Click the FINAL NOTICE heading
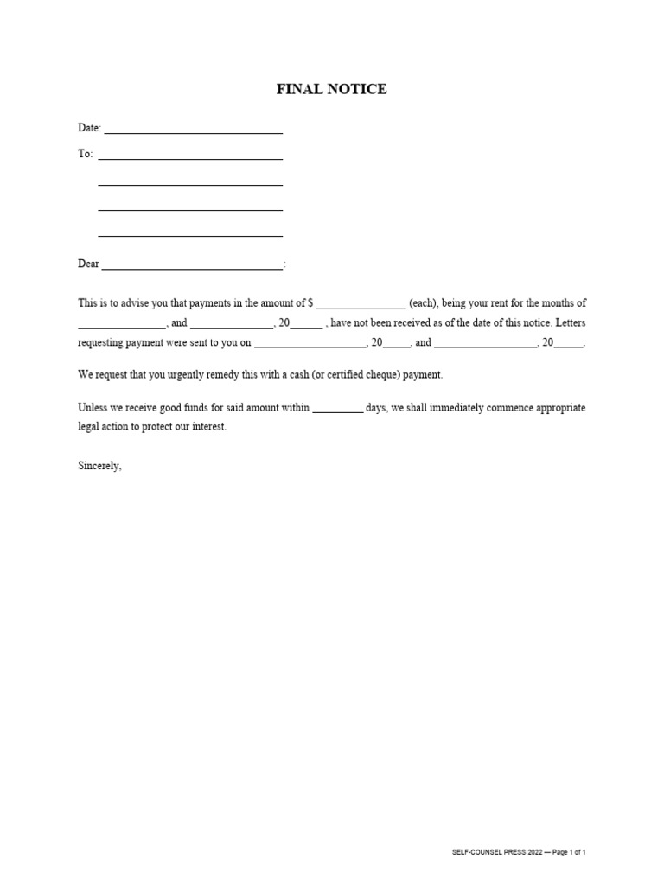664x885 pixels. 331,89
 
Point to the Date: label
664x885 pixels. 90,128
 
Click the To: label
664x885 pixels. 85,154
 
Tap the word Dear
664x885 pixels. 88,264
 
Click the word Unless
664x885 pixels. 93,407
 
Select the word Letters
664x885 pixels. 569,323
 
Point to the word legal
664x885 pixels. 87,427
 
